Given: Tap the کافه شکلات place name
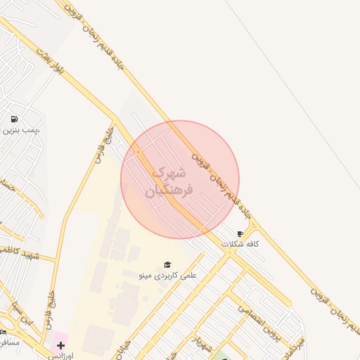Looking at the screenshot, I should coord(240,243).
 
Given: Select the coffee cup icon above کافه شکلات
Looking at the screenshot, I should coord(240,233).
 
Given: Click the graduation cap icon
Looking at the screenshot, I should coord(167,264).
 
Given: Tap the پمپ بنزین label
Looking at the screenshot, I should coord(20,130).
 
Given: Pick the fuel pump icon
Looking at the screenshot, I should coord(15,119).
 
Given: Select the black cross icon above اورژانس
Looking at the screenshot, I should coord(60,345).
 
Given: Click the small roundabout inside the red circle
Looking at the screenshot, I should coord(138,153).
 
